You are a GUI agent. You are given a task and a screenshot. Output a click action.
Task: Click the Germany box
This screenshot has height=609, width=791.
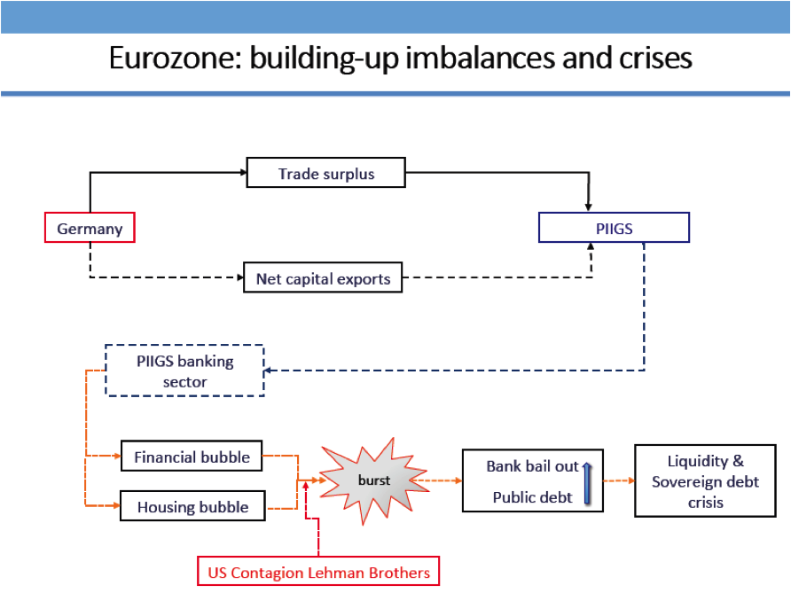pyautogui.click(x=90, y=229)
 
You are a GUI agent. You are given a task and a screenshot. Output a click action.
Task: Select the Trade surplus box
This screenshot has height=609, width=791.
pyautogui.click(x=325, y=174)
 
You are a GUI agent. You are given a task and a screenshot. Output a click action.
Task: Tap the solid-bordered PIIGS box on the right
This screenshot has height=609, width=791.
pyautogui.click(x=614, y=229)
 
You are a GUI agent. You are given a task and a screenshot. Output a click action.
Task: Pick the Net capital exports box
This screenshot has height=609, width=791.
pyautogui.click(x=323, y=278)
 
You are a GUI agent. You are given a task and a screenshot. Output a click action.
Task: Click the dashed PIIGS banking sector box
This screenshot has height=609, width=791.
pyautogui.click(x=184, y=371)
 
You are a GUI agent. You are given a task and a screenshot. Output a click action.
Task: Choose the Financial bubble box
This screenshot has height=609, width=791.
pyautogui.click(x=192, y=457)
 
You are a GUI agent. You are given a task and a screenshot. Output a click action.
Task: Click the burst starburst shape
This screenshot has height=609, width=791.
pyautogui.click(x=373, y=480)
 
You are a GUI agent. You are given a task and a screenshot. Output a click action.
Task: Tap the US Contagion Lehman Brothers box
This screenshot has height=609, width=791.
pyautogui.click(x=318, y=573)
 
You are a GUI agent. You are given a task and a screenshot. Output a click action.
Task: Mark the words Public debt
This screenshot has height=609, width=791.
pyautogui.click(x=532, y=497)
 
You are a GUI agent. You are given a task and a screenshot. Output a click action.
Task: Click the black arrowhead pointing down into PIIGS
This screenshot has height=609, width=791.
pyautogui.click(x=589, y=206)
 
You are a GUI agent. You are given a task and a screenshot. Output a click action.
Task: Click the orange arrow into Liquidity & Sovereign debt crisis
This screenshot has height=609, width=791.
pyautogui.click(x=619, y=480)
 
